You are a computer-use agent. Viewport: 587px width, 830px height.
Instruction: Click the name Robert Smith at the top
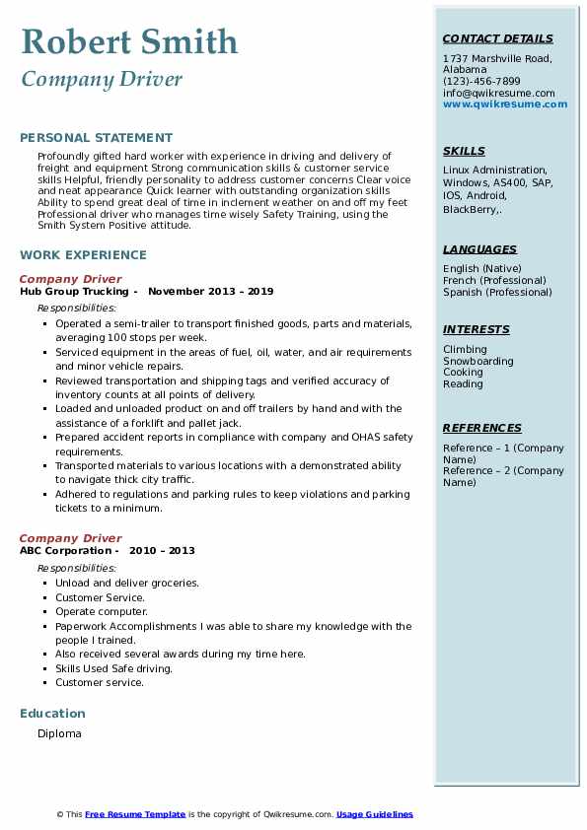(129, 41)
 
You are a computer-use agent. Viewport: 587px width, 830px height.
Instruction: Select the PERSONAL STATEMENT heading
(96, 138)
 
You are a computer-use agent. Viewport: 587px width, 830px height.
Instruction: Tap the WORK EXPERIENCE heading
(83, 254)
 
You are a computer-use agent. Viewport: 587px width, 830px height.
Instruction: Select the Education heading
(52, 713)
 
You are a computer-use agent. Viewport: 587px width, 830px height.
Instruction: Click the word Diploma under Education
(59, 733)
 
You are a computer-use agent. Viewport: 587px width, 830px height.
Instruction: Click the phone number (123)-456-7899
(481, 82)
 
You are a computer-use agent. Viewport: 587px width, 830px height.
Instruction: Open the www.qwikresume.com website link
(505, 104)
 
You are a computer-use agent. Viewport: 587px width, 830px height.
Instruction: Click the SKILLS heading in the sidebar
(464, 151)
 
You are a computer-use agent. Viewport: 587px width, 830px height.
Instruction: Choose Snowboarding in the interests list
(478, 361)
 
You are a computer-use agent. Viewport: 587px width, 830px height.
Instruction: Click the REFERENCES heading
(482, 428)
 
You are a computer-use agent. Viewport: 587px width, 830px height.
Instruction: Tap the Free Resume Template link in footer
(135, 814)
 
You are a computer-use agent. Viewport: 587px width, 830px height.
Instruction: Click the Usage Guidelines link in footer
(375, 814)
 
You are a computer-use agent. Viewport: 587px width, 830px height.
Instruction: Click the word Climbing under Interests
(465, 349)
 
